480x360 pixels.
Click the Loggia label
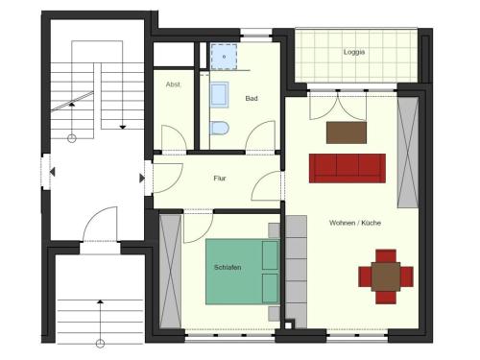point(354,52)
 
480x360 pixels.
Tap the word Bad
point(252,99)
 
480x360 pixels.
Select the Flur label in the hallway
point(220,179)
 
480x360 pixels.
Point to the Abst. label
point(173,84)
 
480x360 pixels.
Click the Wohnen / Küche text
point(355,223)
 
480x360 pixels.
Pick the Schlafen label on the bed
point(228,267)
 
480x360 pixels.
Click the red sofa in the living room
point(348,168)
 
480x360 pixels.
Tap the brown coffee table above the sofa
point(347,132)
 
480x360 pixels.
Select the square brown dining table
point(386,276)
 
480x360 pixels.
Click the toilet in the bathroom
point(220,128)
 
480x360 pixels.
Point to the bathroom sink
point(219,95)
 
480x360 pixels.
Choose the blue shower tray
point(224,57)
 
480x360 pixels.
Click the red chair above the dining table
point(386,256)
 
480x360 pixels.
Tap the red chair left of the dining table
point(365,276)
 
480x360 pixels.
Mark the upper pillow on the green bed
point(270,255)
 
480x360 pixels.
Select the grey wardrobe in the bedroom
point(170,271)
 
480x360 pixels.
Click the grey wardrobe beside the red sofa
point(408,153)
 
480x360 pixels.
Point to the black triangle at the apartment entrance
point(142,179)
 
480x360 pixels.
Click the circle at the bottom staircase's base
point(100,344)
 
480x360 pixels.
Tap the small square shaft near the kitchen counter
point(288,325)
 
